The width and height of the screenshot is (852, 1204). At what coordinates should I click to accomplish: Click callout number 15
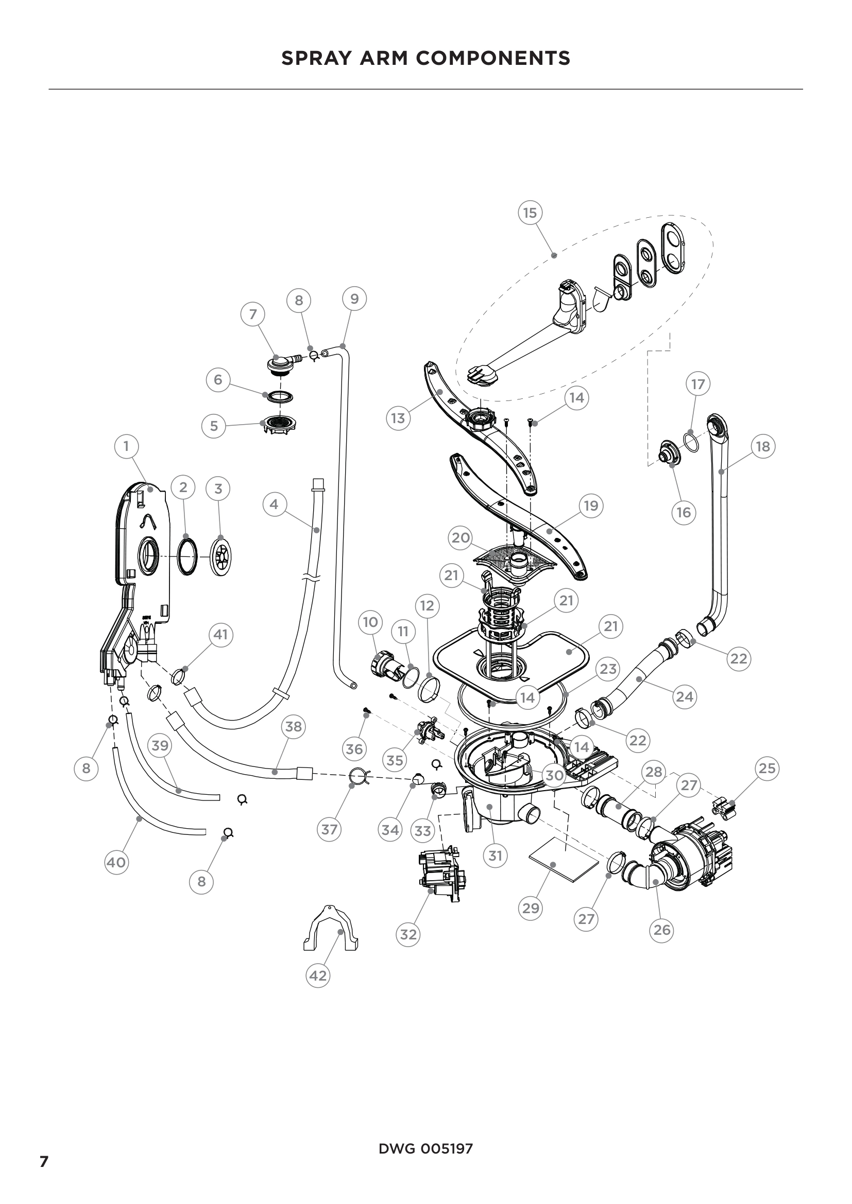click(530, 213)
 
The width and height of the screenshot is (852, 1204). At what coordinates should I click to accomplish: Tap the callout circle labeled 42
click(317, 975)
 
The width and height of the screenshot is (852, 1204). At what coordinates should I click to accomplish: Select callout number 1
click(126, 446)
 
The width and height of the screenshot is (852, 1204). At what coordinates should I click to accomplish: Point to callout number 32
click(408, 934)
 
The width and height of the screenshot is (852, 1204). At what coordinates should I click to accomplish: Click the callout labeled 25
click(767, 768)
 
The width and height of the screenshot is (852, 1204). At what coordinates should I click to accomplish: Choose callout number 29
click(531, 908)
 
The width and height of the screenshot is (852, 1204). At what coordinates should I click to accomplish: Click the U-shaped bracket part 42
click(331, 929)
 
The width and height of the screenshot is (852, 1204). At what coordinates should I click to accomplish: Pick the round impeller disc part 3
click(220, 556)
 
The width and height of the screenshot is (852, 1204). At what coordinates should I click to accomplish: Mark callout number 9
click(354, 299)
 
